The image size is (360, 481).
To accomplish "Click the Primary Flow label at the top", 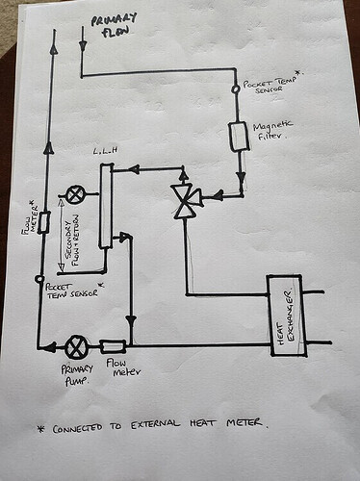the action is [x=114, y=25].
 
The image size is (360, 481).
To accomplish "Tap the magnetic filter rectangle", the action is [x=239, y=137].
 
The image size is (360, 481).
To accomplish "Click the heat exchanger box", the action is [x=287, y=316].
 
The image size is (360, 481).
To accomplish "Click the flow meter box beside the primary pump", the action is [x=113, y=346].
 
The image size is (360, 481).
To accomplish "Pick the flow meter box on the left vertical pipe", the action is [x=43, y=222].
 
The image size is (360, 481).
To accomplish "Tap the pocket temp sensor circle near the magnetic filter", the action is [x=236, y=89].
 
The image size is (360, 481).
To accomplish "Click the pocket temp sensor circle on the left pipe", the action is [x=39, y=279].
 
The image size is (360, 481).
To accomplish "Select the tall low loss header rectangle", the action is [x=106, y=206].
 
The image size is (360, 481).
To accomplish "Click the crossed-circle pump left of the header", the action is [x=76, y=194].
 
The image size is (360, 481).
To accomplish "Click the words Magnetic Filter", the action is [x=272, y=130].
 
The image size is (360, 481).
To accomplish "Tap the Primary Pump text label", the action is [x=77, y=375].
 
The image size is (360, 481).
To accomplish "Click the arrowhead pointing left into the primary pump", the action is [x=49, y=346].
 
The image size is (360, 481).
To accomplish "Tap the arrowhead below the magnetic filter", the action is [x=241, y=178].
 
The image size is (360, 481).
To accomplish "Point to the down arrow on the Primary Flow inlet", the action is [x=83, y=46].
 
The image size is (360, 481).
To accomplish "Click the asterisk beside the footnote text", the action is [x=41, y=429].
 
